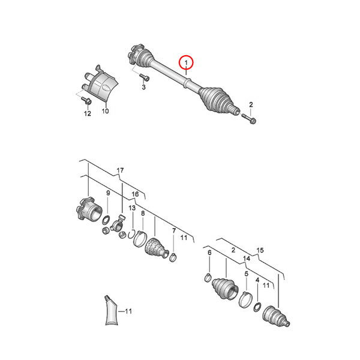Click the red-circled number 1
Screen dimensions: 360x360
point(186,62)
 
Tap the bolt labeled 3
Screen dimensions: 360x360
point(144,77)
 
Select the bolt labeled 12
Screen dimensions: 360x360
point(86,100)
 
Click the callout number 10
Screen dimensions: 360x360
point(105,111)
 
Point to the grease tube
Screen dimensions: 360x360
point(112,310)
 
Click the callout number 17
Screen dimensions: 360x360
point(120,170)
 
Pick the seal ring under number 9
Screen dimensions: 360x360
point(106,221)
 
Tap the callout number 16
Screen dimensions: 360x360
point(135,194)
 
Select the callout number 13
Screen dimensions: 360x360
point(132,208)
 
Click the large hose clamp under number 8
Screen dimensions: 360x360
point(140,239)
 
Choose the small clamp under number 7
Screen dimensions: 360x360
point(173,257)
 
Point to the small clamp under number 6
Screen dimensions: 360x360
point(208,278)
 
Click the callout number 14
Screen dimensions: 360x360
point(247,259)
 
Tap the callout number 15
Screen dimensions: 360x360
point(260,250)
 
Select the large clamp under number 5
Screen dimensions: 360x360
point(245,299)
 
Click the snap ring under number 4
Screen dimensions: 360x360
point(257,307)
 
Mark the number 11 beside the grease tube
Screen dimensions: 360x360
point(128,311)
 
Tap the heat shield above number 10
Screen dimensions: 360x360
point(100,83)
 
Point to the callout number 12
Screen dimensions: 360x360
point(88,113)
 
